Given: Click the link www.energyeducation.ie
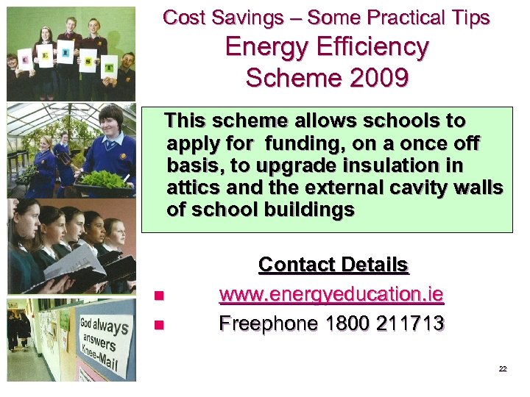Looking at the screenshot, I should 331,295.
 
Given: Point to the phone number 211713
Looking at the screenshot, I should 408,323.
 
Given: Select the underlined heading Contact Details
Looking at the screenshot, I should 333,265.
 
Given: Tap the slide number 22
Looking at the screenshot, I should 503,369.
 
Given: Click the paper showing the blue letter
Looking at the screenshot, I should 65,53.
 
